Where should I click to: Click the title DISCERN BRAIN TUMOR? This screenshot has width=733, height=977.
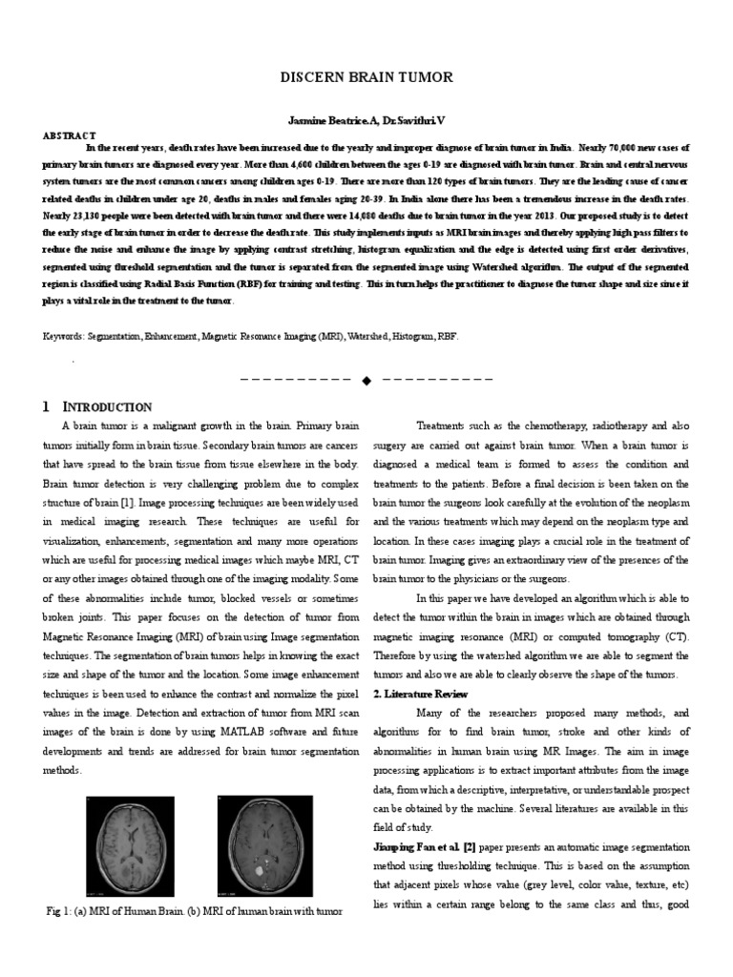click(x=366, y=77)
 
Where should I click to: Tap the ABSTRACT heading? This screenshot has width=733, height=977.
click(x=69, y=135)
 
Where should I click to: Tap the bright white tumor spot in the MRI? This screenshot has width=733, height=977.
click(x=261, y=871)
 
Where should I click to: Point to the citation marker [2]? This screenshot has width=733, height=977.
click(x=471, y=846)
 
